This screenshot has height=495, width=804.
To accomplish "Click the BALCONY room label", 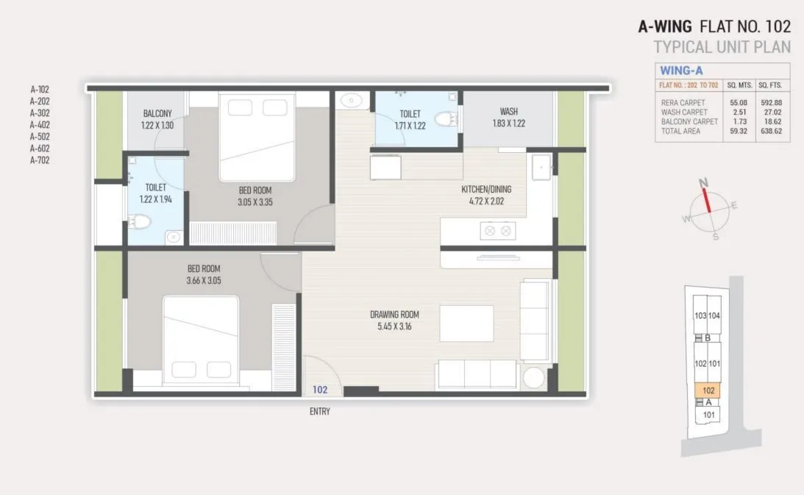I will click(x=157, y=113).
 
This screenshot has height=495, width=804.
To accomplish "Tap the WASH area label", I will click(x=508, y=112).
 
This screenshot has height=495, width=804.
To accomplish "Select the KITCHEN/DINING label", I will click(x=485, y=189).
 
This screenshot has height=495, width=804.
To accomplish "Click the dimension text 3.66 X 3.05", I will click(x=203, y=280).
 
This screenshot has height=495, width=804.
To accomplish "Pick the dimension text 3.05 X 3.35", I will click(x=255, y=202).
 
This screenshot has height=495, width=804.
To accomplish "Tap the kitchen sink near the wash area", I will click(x=542, y=168).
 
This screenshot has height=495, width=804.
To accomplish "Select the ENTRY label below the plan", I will click(x=319, y=412).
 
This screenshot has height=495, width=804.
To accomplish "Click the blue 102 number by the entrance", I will click(x=320, y=390).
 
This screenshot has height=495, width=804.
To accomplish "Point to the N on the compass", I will click(x=702, y=182).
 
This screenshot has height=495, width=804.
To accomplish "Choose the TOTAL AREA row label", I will click(x=680, y=131).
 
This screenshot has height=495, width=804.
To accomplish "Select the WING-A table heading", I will click(x=680, y=71).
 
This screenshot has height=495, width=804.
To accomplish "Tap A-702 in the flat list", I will click(x=40, y=160).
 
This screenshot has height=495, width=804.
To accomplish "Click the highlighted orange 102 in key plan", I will click(x=708, y=390).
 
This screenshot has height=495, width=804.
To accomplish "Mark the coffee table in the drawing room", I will click(x=466, y=324).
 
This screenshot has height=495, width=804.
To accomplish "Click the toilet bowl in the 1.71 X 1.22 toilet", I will click(x=444, y=120).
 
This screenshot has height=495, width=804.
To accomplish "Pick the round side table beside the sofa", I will click(x=533, y=379).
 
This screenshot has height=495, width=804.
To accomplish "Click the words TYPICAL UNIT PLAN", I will click(x=722, y=47).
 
